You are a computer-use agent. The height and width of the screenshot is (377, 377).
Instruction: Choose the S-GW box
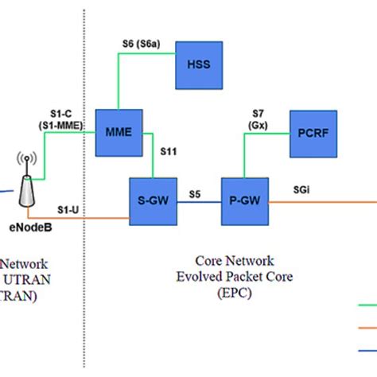pos(153,202)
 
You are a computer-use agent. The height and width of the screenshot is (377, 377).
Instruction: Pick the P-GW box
pos(245,202)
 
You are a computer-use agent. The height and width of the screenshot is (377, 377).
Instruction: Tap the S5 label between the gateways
pos(195,192)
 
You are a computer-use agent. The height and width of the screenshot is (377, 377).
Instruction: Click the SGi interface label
pos(302,189)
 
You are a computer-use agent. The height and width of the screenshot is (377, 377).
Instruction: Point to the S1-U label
pos(68,208)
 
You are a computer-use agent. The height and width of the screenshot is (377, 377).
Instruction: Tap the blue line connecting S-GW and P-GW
pos(198,203)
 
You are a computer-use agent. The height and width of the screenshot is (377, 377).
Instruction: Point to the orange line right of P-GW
pos(318,202)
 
